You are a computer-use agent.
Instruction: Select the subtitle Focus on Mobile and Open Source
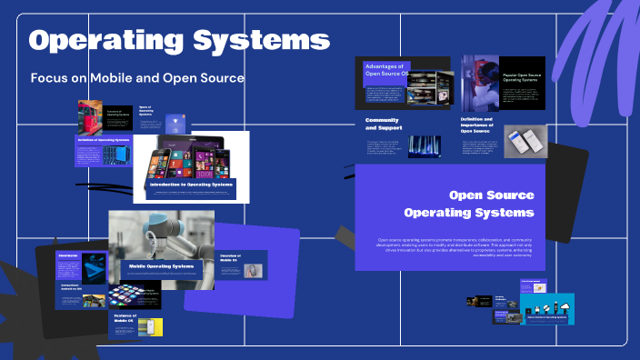[x=137, y=78]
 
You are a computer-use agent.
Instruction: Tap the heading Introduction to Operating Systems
[x=190, y=185]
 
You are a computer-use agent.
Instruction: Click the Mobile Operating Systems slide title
[x=161, y=266]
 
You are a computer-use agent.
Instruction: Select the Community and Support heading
[x=383, y=124]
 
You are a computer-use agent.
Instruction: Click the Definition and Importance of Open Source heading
[x=476, y=124]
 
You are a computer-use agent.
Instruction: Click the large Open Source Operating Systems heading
[x=469, y=204]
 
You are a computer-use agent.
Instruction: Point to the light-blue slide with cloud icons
[x=547, y=308]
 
